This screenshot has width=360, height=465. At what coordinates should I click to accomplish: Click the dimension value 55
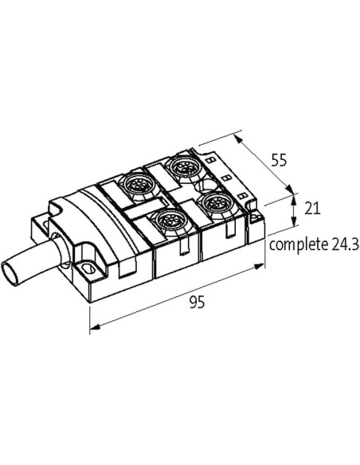point(280,160)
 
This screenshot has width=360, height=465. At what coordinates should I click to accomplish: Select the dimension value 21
point(312,209)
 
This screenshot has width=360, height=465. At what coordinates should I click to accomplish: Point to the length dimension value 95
point(198,303)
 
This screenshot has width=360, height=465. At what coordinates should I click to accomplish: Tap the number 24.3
point(345,244)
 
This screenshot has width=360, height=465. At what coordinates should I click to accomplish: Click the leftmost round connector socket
point(138,186)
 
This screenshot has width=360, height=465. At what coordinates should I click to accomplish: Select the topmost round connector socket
point(184,167)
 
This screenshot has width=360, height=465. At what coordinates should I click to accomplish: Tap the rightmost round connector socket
point(216,204)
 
